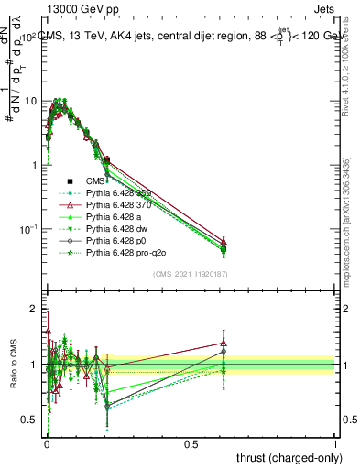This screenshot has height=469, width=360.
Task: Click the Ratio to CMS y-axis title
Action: point(12,365)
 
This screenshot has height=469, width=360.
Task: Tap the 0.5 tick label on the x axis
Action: point(191,443)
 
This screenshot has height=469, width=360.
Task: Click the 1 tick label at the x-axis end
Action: point(335,443)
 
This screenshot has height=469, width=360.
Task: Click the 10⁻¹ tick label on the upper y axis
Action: point(26,228)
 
